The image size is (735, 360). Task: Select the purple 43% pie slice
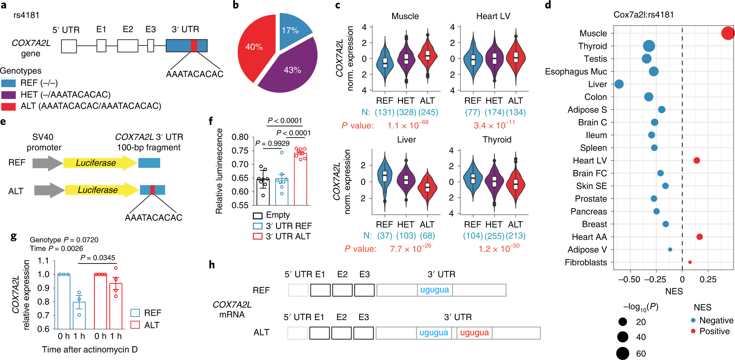tap(290, 71)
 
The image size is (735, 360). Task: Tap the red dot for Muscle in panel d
tap(727, 33)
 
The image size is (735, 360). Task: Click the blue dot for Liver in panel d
tap(619, 84)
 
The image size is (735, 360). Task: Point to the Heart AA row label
tap(589, 237)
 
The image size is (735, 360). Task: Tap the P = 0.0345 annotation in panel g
tap(98, 258)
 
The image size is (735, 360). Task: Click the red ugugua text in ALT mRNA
tap(474, 333)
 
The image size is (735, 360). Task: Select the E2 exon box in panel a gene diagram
tap(127, 46)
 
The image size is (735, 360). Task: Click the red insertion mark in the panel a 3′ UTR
tap(194, 46)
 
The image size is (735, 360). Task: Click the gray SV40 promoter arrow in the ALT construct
tap(49, 190)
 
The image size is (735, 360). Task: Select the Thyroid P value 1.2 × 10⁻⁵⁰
tap(499, 249)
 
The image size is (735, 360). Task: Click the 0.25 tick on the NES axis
tap(708, 279)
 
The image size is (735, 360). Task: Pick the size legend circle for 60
tap(623, 353)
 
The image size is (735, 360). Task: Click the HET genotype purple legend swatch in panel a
tap(8, 95)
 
